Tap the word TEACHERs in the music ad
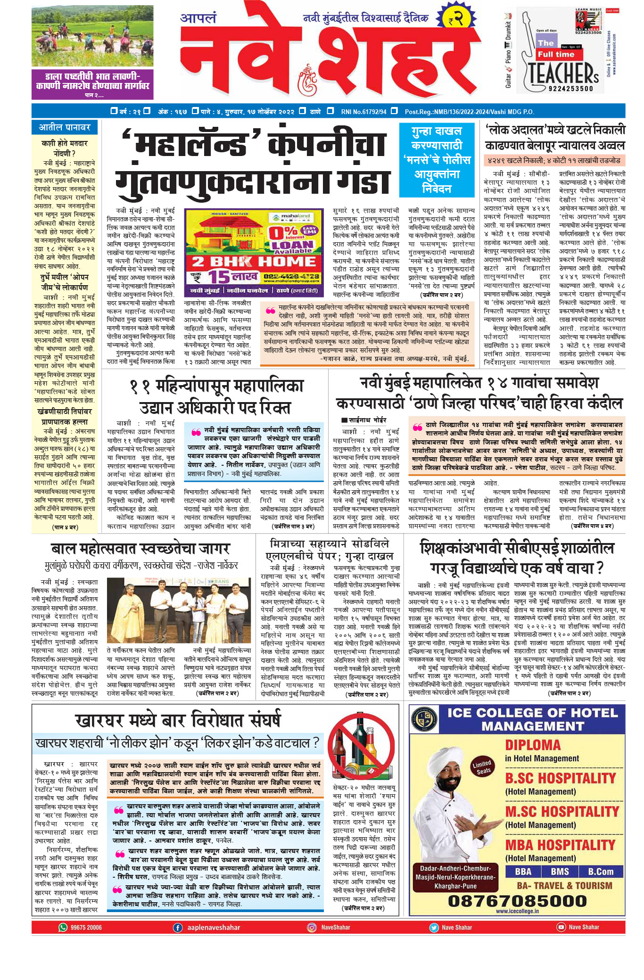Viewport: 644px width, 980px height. coord(563,74)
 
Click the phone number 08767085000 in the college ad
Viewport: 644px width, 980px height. coord(517,901)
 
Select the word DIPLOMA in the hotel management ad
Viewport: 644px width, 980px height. coord(533,745)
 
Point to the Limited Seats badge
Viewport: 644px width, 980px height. coord(482,767)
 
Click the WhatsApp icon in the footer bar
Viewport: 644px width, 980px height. coord(63,927)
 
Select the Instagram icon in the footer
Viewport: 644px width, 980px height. coord(312,927)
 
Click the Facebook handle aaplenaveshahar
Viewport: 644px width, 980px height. coord(214,927)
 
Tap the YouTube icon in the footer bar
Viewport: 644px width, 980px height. coord(561,927)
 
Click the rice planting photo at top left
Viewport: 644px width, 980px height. coord(92,36)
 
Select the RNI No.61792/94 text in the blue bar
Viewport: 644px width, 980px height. coord(363,112)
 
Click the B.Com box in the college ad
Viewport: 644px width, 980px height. coord(600,872)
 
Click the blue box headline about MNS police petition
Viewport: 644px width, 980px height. coord(437,160)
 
